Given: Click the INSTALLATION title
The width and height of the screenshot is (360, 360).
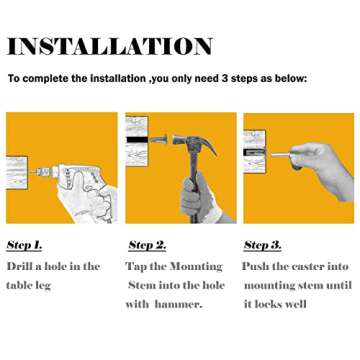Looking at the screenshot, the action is click(x=110, y=46).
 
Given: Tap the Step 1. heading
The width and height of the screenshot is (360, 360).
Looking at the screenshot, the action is click(x=24, y=245).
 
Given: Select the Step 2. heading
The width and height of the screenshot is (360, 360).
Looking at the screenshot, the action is click(x=147, y=245).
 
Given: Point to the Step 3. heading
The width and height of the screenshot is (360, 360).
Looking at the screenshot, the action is click(x=263, y=245).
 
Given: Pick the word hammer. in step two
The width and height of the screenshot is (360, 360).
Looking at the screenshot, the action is click(x=179, y=304).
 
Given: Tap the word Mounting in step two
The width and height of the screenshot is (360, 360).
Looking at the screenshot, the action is click(x=196, y=267).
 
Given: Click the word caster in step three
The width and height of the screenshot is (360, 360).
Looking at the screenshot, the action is click(x=307, y=267).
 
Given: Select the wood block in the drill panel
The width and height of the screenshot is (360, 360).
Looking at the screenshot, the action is click(x=17, y=173).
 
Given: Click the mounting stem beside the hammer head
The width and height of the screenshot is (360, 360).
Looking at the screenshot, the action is click(x=159, y=139).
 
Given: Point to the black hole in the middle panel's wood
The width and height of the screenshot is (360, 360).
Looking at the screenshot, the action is click(x=137, y=140).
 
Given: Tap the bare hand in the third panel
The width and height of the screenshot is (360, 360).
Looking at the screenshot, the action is click(x=320, y=168).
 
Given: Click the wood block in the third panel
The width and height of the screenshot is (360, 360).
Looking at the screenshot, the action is click(x=255, y=151).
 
